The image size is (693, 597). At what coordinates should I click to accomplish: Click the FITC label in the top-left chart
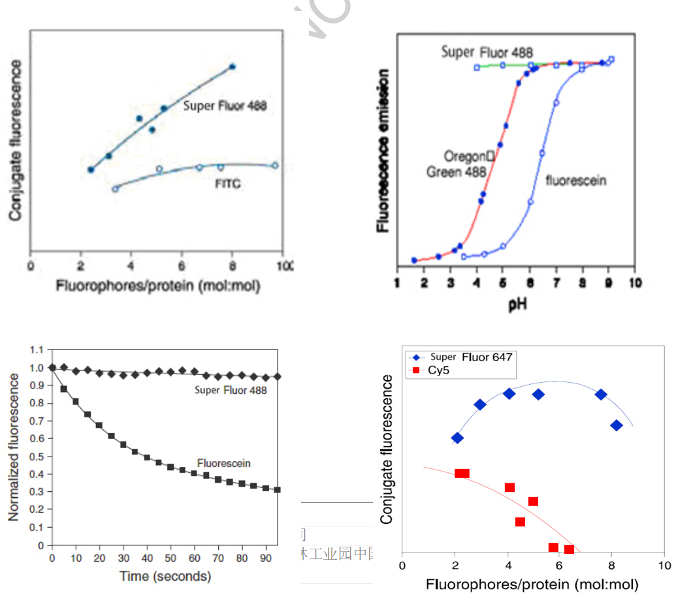point(227,184)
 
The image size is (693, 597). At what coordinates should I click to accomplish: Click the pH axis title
point(517,304)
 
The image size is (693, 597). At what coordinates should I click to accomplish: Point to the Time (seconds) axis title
point(165,576)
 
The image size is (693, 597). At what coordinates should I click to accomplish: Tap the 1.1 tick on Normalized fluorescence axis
point(35,349)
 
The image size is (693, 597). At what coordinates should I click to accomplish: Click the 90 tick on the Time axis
point(266,558)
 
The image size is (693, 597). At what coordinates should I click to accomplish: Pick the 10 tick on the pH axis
point(634,283)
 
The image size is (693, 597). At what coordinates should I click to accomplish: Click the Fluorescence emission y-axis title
point(384,151)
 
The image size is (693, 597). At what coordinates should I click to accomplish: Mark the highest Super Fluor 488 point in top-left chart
point(232,67)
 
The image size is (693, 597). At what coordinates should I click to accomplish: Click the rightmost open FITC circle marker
point(275,165)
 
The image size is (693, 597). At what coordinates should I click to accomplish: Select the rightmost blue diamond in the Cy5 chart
point(616,425)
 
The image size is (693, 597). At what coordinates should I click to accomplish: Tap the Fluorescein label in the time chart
point(224,463)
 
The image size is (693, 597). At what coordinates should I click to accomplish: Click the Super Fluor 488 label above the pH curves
point(487,52)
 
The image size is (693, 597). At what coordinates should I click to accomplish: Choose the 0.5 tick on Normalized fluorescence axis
point(35,456)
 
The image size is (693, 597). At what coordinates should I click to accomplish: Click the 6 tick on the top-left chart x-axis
point(182,266)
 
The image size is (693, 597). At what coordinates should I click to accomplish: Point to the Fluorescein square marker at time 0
point(52,367)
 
